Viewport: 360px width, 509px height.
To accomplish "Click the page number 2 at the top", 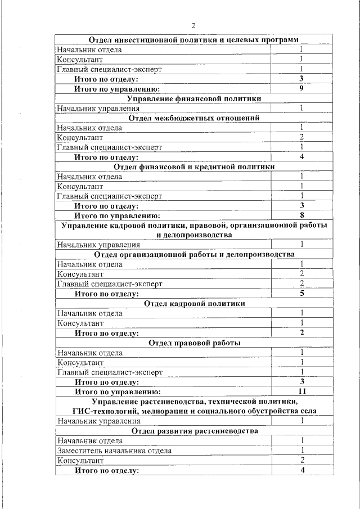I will [x=193, y=26].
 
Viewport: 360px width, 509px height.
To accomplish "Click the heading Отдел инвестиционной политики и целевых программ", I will [x=194, y=40].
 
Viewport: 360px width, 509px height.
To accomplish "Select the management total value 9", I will [x=301, y=88].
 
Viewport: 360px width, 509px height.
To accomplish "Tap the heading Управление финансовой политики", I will [x=194, y=98].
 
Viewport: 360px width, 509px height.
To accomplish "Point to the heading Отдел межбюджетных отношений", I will [x=194, y=118].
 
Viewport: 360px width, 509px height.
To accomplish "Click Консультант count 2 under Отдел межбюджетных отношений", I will [x=301, y=137].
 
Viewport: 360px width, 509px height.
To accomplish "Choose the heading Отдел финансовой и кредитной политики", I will [x=194, y=167].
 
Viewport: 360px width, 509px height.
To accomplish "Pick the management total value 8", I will [x=301, y=215].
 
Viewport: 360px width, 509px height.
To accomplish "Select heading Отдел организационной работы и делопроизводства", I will [x=194, y=255].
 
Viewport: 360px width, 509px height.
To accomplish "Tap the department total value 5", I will [x=301, y=294].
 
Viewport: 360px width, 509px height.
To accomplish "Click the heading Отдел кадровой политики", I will [x=194, y=303].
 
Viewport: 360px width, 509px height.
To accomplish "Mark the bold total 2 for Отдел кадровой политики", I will [x=301, y=332].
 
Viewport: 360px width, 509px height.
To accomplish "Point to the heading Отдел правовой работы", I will [x=194, y=343].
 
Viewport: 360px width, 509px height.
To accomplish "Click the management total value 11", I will [x=301, y=391].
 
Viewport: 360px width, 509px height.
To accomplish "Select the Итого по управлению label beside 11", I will [x=118, y=391].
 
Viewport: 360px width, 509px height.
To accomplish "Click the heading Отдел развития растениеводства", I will [x=194, y=431].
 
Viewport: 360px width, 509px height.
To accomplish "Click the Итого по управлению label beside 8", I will [x=118, y=215].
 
